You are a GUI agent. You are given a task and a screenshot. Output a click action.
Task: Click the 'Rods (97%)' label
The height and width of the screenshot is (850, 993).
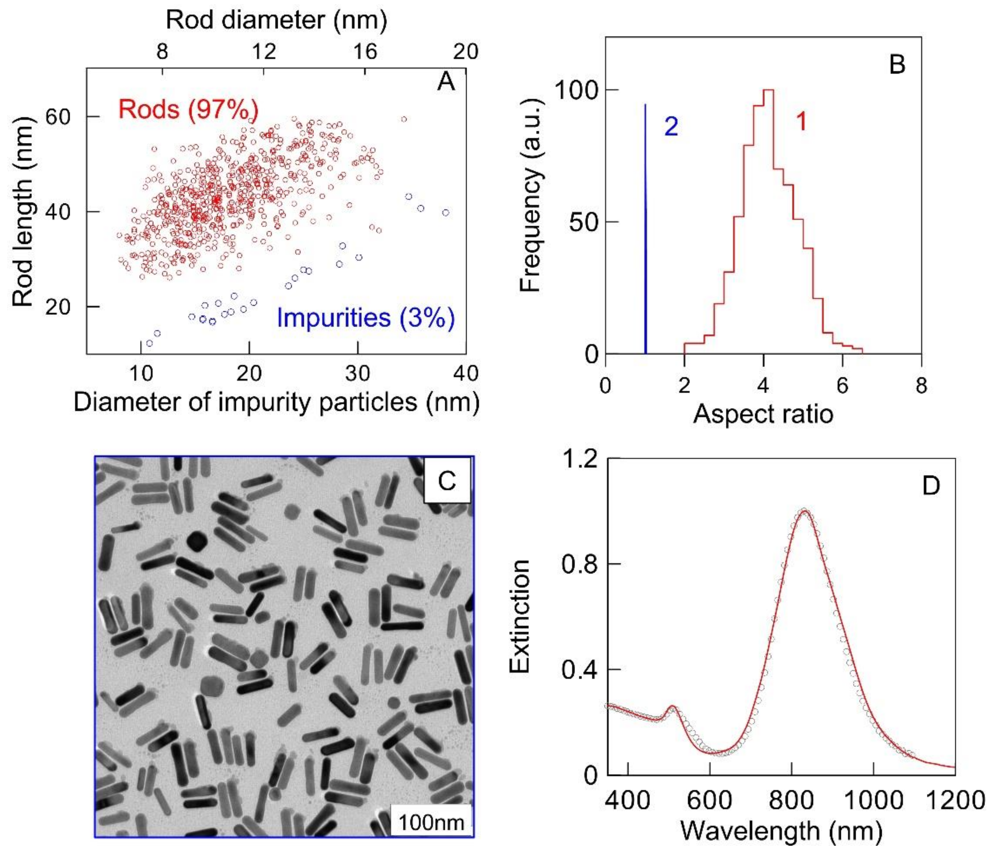pyautogui.click(x=188, y=109)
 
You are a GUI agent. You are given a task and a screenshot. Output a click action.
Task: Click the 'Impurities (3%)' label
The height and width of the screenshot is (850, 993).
pyautogui.click(x=366, y=318)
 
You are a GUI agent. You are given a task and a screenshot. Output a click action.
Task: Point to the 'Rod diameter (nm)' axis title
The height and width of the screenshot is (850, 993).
pyautogui.click(x=277, y=20)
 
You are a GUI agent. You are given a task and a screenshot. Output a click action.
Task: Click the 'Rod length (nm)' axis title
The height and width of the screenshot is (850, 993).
pyautogui.click(x=23, y=211)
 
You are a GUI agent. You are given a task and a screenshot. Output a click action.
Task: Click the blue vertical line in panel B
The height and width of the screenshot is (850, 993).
pyautogui.click(x=646, y=230)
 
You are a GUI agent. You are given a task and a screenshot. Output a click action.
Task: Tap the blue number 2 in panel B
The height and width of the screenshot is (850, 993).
pyautogui.click(x=671, y=126)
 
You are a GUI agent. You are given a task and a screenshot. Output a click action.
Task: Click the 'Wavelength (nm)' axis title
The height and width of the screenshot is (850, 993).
pyautogui.click(x=781, y=830)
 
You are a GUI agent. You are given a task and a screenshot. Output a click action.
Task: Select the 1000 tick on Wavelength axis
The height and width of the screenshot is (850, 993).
pyautogui.click(x=873, y=800)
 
